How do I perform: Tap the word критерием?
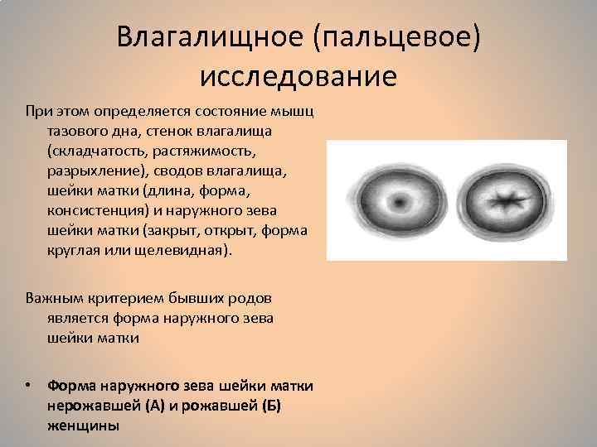(x=133, y=298)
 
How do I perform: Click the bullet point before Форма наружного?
(x=30, y=387)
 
